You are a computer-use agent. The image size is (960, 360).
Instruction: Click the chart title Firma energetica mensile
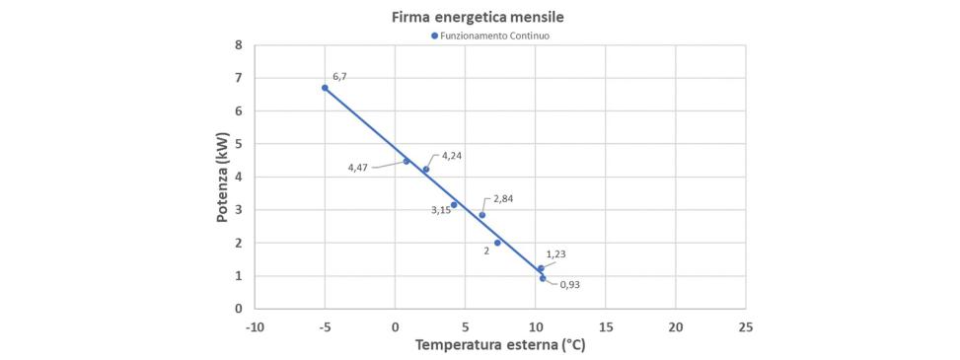coord(480,17)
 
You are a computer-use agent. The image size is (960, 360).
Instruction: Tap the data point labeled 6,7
coord(325,88)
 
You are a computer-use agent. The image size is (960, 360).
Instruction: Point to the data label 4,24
coord(452,156)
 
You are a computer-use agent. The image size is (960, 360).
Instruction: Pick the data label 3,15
coord(440,210)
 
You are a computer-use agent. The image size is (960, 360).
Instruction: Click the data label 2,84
coord(503,199)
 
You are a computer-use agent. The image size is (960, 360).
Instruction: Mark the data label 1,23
coord(555,254)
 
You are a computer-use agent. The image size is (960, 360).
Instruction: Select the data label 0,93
coord(569,285)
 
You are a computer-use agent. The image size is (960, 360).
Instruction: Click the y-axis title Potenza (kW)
coord(224,178)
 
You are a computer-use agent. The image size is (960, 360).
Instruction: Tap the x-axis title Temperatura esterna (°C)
coord(500,345)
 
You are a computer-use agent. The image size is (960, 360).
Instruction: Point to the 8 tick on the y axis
coord(238,45)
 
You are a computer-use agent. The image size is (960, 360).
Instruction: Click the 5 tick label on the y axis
coord(238,144)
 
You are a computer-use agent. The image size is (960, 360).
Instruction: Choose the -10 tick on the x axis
coord(256,325)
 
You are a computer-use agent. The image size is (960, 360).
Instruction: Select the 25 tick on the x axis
coord(745,325)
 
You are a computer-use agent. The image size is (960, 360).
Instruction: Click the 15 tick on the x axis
coord(605,325)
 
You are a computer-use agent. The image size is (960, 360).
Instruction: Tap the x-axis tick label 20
coord(675,325)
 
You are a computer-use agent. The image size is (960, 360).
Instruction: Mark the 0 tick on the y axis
coord(238,309)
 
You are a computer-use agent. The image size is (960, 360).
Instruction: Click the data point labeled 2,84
coord(482,215)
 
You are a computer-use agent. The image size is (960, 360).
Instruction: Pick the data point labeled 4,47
coord(406,162)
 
